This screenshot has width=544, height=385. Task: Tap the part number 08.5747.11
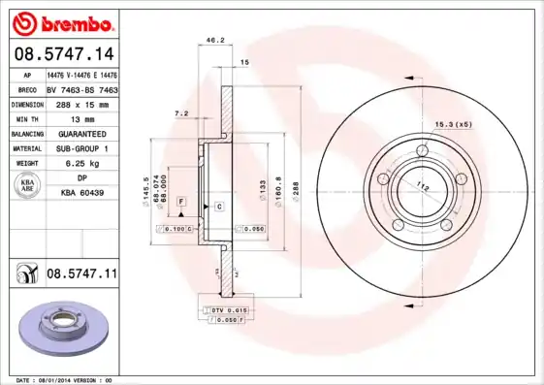click(81, 274)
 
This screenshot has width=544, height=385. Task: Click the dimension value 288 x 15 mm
click(81, 103)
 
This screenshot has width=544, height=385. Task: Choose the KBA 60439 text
click(81, 193)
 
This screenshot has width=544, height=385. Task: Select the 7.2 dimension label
click(180, 113)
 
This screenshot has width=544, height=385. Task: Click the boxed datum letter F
click(180, 200)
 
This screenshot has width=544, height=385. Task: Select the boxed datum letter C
click(219, 207)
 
